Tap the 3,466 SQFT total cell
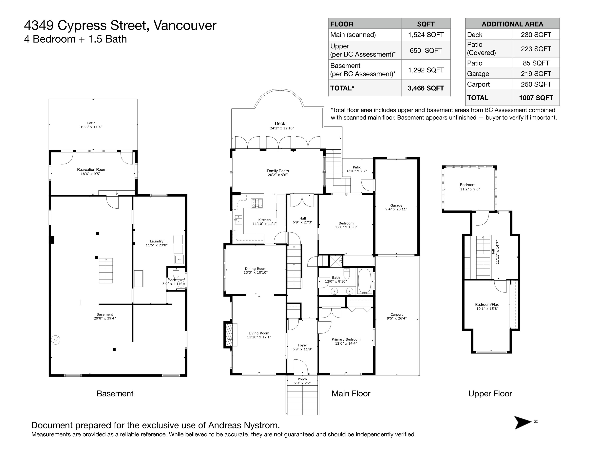coord(426,88)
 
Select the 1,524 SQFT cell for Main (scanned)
coord(426,35)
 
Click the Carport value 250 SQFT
coord(536,84)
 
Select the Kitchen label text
coord(264,220)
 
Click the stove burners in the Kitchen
coord(257,203)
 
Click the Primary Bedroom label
coord(346,339)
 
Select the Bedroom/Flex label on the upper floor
coord(487,304)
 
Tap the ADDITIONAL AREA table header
coord(512,24)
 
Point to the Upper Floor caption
coord(490,394)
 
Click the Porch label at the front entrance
coord(302,379)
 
